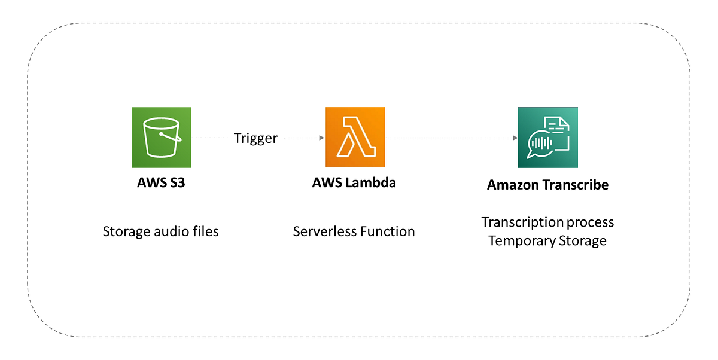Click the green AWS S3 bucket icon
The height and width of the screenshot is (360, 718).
click(161, 137)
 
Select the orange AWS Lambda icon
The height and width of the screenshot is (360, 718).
click(355, 137)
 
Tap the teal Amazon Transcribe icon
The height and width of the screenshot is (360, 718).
click(547, 137)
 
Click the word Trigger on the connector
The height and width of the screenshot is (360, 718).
click(255, 138)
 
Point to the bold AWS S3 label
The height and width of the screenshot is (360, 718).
click(161, 183)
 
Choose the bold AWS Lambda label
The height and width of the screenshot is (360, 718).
click(354, 183)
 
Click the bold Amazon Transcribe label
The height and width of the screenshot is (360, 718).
click(547, 185)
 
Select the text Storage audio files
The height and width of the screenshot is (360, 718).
click(161, 231)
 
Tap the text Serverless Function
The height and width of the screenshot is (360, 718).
click(354, 231)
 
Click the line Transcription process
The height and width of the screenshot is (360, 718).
click(547, 222)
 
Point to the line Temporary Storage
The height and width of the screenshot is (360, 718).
click(547, 241)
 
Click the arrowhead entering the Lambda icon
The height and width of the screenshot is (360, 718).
click(322, 138)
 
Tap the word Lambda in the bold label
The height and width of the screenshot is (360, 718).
click(371, 183)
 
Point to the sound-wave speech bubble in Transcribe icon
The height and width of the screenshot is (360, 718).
click(540, 144)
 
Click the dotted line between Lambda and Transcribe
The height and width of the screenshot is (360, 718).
click(449, 138)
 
